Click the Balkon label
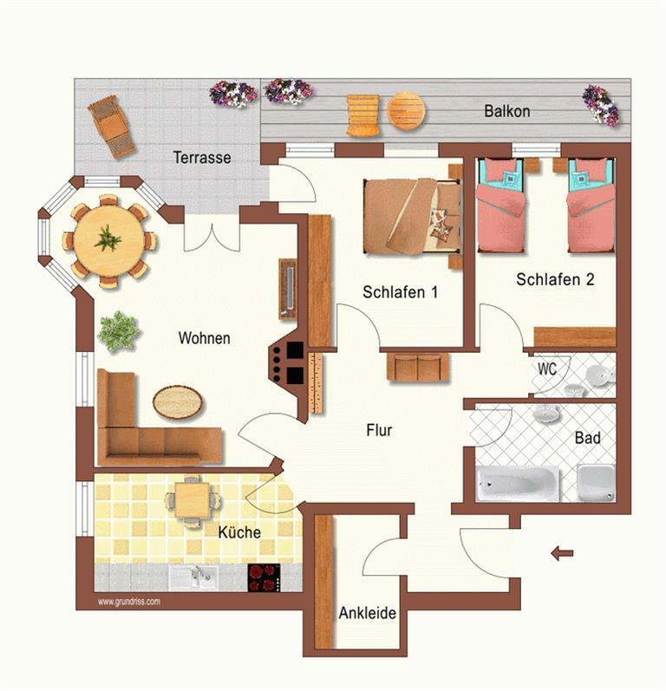[x=507, y=111]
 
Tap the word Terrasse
[x=202, y=157]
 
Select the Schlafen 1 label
[x=401, y=291]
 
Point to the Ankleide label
[x=367, y=613]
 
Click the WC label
[x=547, y=368]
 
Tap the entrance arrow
[x=563, y=553]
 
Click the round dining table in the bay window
[x=109, y=241]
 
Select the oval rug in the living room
[x=178, y=402]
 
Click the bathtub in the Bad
[x=518, y=484]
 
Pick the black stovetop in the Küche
[x=264, y=577]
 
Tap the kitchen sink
[x=193, y=577]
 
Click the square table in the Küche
[x=192, y=500]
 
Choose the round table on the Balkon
[x=407, y=111]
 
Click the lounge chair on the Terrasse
[x=112, y=127]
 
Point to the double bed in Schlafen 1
[x=413, y=216]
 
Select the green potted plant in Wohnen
[x=118, y=331]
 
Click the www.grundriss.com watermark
[x=128, y=602]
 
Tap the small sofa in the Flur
[x=418, y=366]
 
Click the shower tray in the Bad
[x=596, y=483]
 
